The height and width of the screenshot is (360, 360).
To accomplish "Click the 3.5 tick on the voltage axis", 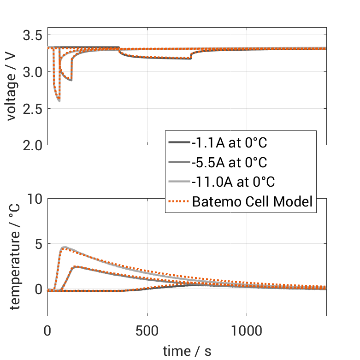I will coord(33,35).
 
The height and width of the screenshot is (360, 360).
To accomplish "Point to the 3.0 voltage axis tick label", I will coord(33,72).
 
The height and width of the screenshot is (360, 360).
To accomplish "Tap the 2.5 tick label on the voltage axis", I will coord(33,109).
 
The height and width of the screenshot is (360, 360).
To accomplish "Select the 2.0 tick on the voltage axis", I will coord(33,145).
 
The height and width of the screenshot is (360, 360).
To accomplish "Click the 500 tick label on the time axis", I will coord(147,331).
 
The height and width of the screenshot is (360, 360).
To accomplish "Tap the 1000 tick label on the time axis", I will coord(247,331).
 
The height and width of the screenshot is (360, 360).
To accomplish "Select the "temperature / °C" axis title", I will coord(14,257).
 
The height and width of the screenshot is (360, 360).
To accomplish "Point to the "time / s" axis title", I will coord(187,351).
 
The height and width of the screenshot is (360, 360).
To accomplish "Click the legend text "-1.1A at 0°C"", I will coord(229,142).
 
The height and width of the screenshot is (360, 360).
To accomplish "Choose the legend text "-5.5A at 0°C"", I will coord(229,162).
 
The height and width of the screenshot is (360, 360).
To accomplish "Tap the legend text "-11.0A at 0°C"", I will coord(233,182).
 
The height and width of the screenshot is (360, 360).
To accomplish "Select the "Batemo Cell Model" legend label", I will coord(253,202).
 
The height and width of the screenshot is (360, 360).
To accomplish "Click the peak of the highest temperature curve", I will coord(65,247).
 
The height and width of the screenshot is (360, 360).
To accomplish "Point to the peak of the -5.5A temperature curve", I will coord(76,266).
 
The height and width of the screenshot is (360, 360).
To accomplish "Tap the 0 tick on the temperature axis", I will coord(38,289).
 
